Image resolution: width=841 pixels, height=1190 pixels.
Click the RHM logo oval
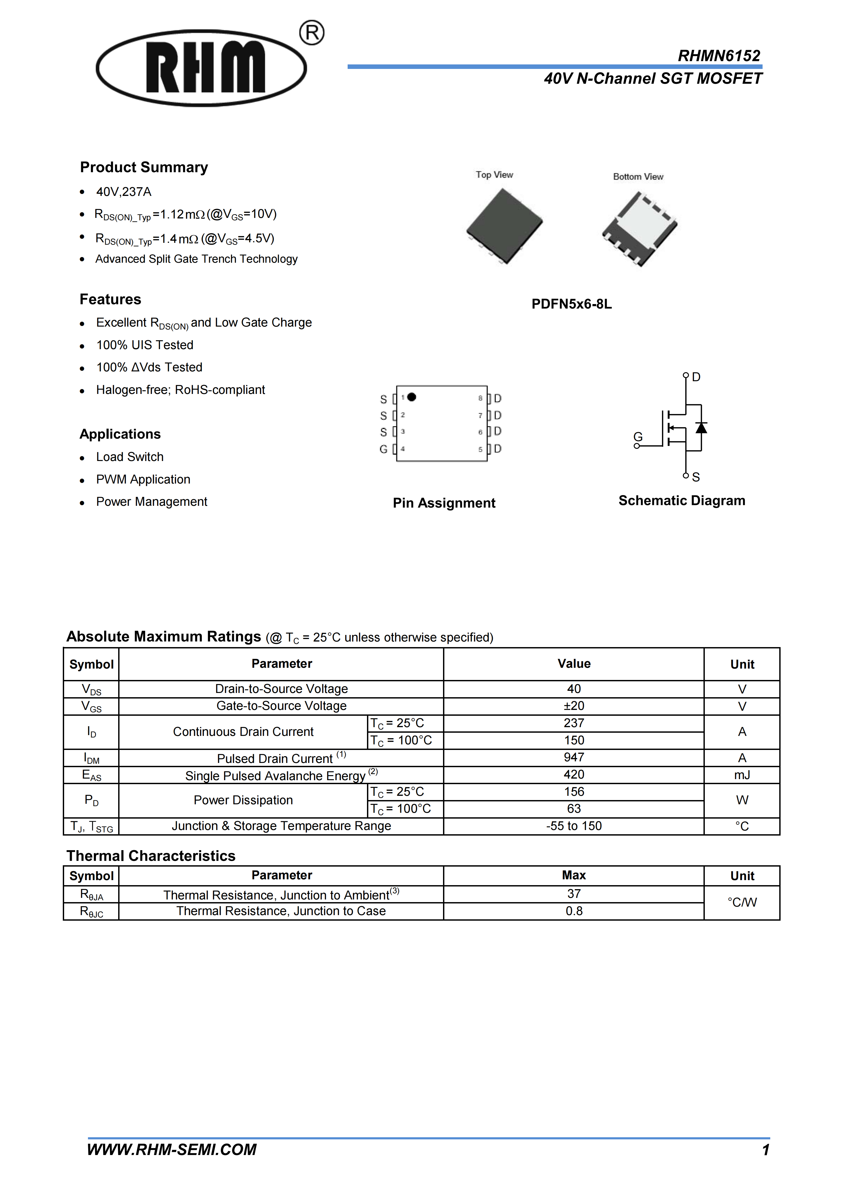pyautogui.click(x=201, y=68)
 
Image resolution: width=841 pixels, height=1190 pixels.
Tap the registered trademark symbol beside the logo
pyautogui.click(x=312, y=33)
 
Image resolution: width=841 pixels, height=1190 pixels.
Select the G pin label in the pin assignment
pyautogui.click(x=383, y=449)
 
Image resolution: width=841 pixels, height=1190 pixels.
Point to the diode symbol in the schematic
pyautogui.click(x=701, y=428)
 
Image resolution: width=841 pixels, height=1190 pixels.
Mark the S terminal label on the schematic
pyautogui.click(x=696, y=477)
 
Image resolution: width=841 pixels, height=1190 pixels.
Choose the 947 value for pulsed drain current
pyautogui.click(x=574, y=757)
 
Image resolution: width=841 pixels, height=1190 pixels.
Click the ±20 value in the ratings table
pyautogui.click(x=574, y=706)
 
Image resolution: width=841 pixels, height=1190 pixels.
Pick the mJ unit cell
pyautogui.click(x=742, y=775)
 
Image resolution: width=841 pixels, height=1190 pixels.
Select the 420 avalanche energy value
pyautogui.click(x=574, y=774)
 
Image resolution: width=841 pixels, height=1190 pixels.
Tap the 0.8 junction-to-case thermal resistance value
pyautogui.click(x=574, y=911)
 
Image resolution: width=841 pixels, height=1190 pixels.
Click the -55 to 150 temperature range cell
pyautogui.click(x=574, y=826)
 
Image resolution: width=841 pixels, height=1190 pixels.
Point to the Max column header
pyautogui.click(x=574, y=875)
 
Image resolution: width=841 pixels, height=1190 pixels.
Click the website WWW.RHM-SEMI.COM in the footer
pyautogui.click(x=171, y=1149)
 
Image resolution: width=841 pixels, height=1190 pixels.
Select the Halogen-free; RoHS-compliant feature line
pyautogui.click(x=180, y=390)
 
